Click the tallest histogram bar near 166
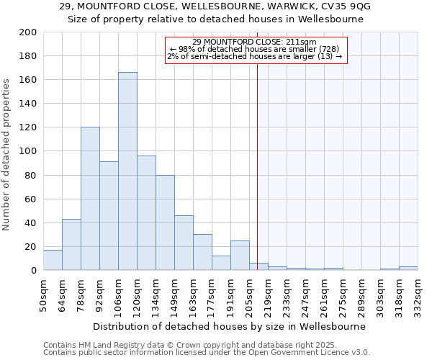click(x=127, y=171)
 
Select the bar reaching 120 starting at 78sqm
click(x=90, y=199)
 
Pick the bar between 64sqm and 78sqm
click(x=71, y=245)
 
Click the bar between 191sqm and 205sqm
click(x=240, y=256)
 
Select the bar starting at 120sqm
click(x=146, y=213)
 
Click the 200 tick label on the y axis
click(x=29, y=32)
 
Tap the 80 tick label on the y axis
click(x=31, y=175)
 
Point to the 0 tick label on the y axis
click(x=34, y=270)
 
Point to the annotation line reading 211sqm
click(x=255, y=42)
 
